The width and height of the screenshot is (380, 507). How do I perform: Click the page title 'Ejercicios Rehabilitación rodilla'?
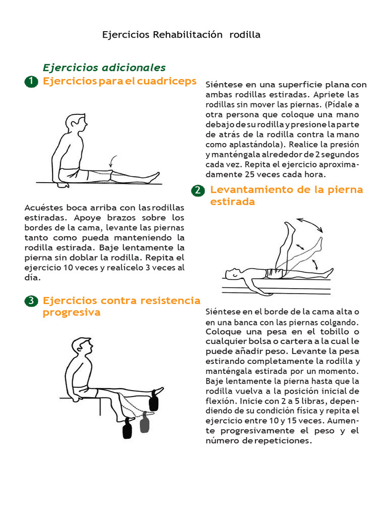pyautogui.click(x=181, y=35)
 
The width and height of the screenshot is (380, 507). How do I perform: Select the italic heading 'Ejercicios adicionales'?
pyautogui.click(x=104, y=67)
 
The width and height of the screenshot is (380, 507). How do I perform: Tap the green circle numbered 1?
pyautogui.click(x=31, y=82)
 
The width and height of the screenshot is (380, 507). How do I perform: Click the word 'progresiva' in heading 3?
pyautogui.click(x=71, y=312)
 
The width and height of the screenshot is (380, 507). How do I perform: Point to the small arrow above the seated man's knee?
pyautogui.click(x=113, y=161)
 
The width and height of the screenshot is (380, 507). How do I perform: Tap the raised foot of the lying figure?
pyautogui.click(x=289, y=228)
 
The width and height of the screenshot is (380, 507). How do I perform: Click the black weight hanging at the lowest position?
pyautogui.click(x=128, y=428)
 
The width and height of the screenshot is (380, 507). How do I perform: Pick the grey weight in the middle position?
pyautogui.click(x=144, y=422)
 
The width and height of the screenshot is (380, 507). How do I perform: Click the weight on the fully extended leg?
pyautogui.click(x=155, y=400)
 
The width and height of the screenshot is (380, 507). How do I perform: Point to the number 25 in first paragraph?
pyautogui.click(x=250, y=174)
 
